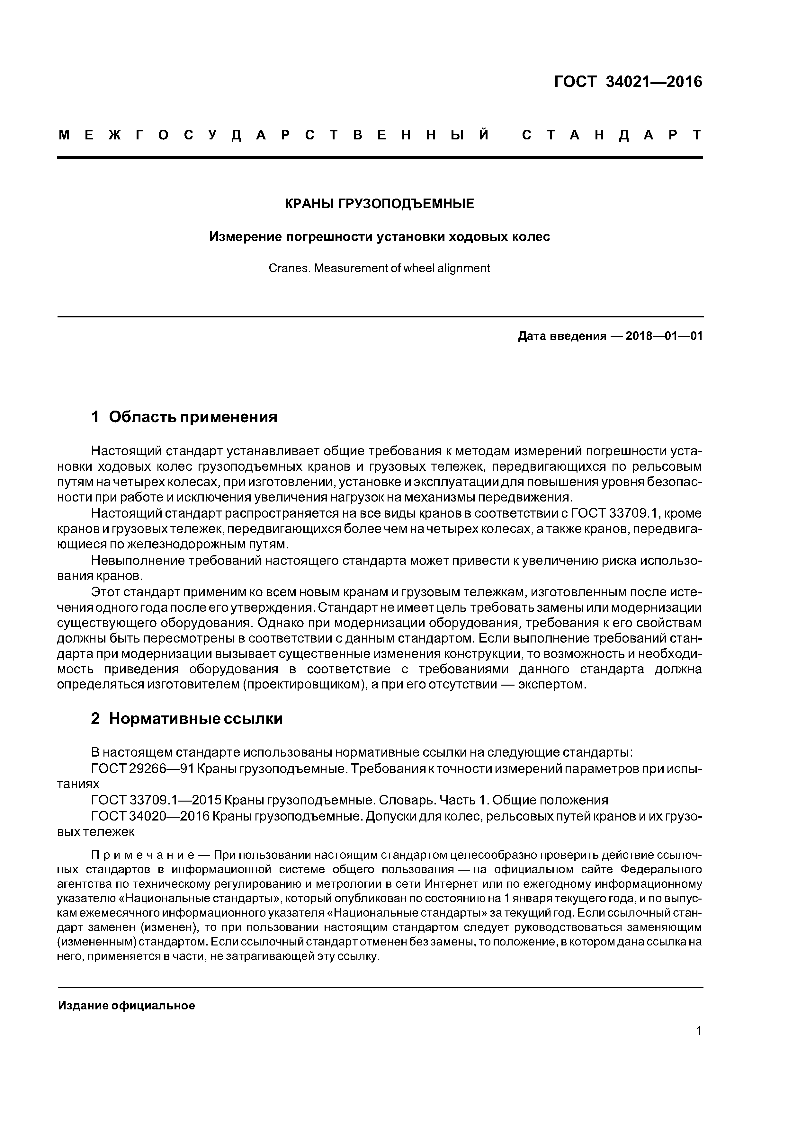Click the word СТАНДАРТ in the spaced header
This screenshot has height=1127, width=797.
tap(611, 136)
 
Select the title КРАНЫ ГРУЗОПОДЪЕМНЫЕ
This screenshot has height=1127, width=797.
tap(380, 204)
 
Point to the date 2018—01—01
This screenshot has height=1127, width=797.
tap(664, 336)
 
